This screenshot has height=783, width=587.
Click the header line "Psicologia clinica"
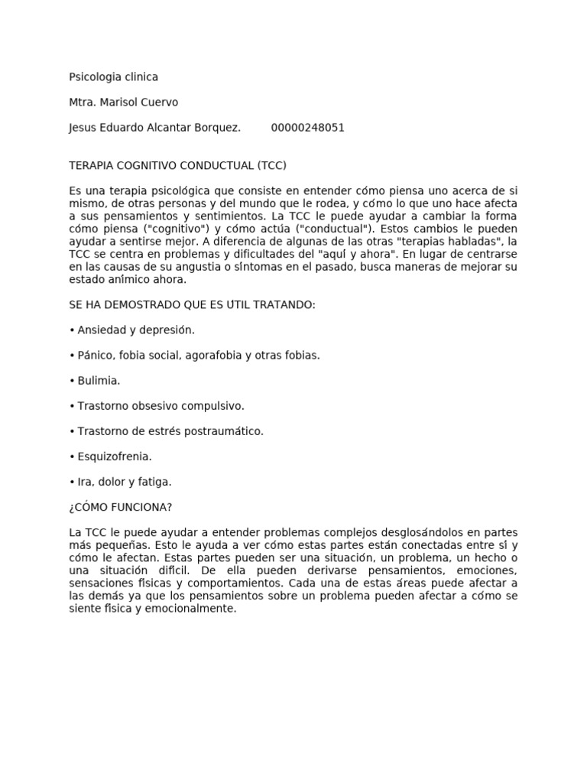point(113,77)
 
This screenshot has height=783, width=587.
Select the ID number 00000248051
point(307,128)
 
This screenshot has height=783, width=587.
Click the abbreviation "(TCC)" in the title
point(271,165)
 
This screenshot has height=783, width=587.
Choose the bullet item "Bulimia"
point(99,381)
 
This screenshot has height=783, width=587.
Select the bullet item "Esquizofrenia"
point(115,456)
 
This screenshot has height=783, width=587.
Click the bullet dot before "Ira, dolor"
point(72,482)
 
